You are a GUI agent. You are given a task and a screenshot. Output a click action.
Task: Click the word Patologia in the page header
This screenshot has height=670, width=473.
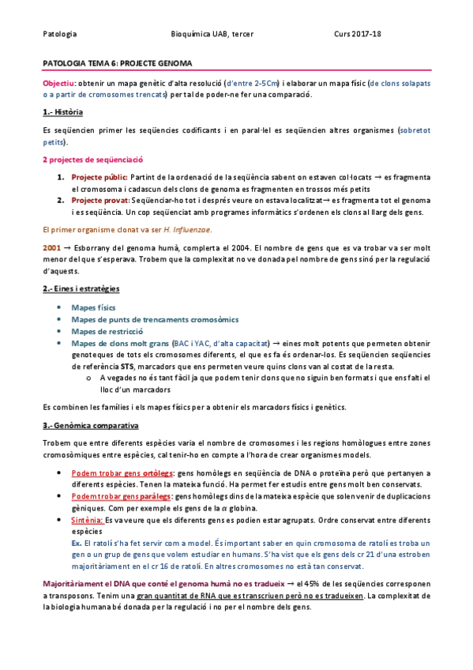(60, 34)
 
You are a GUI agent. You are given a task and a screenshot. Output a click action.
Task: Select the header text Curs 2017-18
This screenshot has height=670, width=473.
(357, 34)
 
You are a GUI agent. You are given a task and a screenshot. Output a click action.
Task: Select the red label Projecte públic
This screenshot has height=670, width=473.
(99, 176)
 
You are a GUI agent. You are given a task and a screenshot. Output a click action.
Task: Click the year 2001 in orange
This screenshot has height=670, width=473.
(51, 247)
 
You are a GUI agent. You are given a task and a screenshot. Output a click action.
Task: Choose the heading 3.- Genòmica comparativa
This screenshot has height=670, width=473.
(90, 425)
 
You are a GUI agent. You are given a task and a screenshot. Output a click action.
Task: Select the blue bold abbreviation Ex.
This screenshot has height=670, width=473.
(76, 544)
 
